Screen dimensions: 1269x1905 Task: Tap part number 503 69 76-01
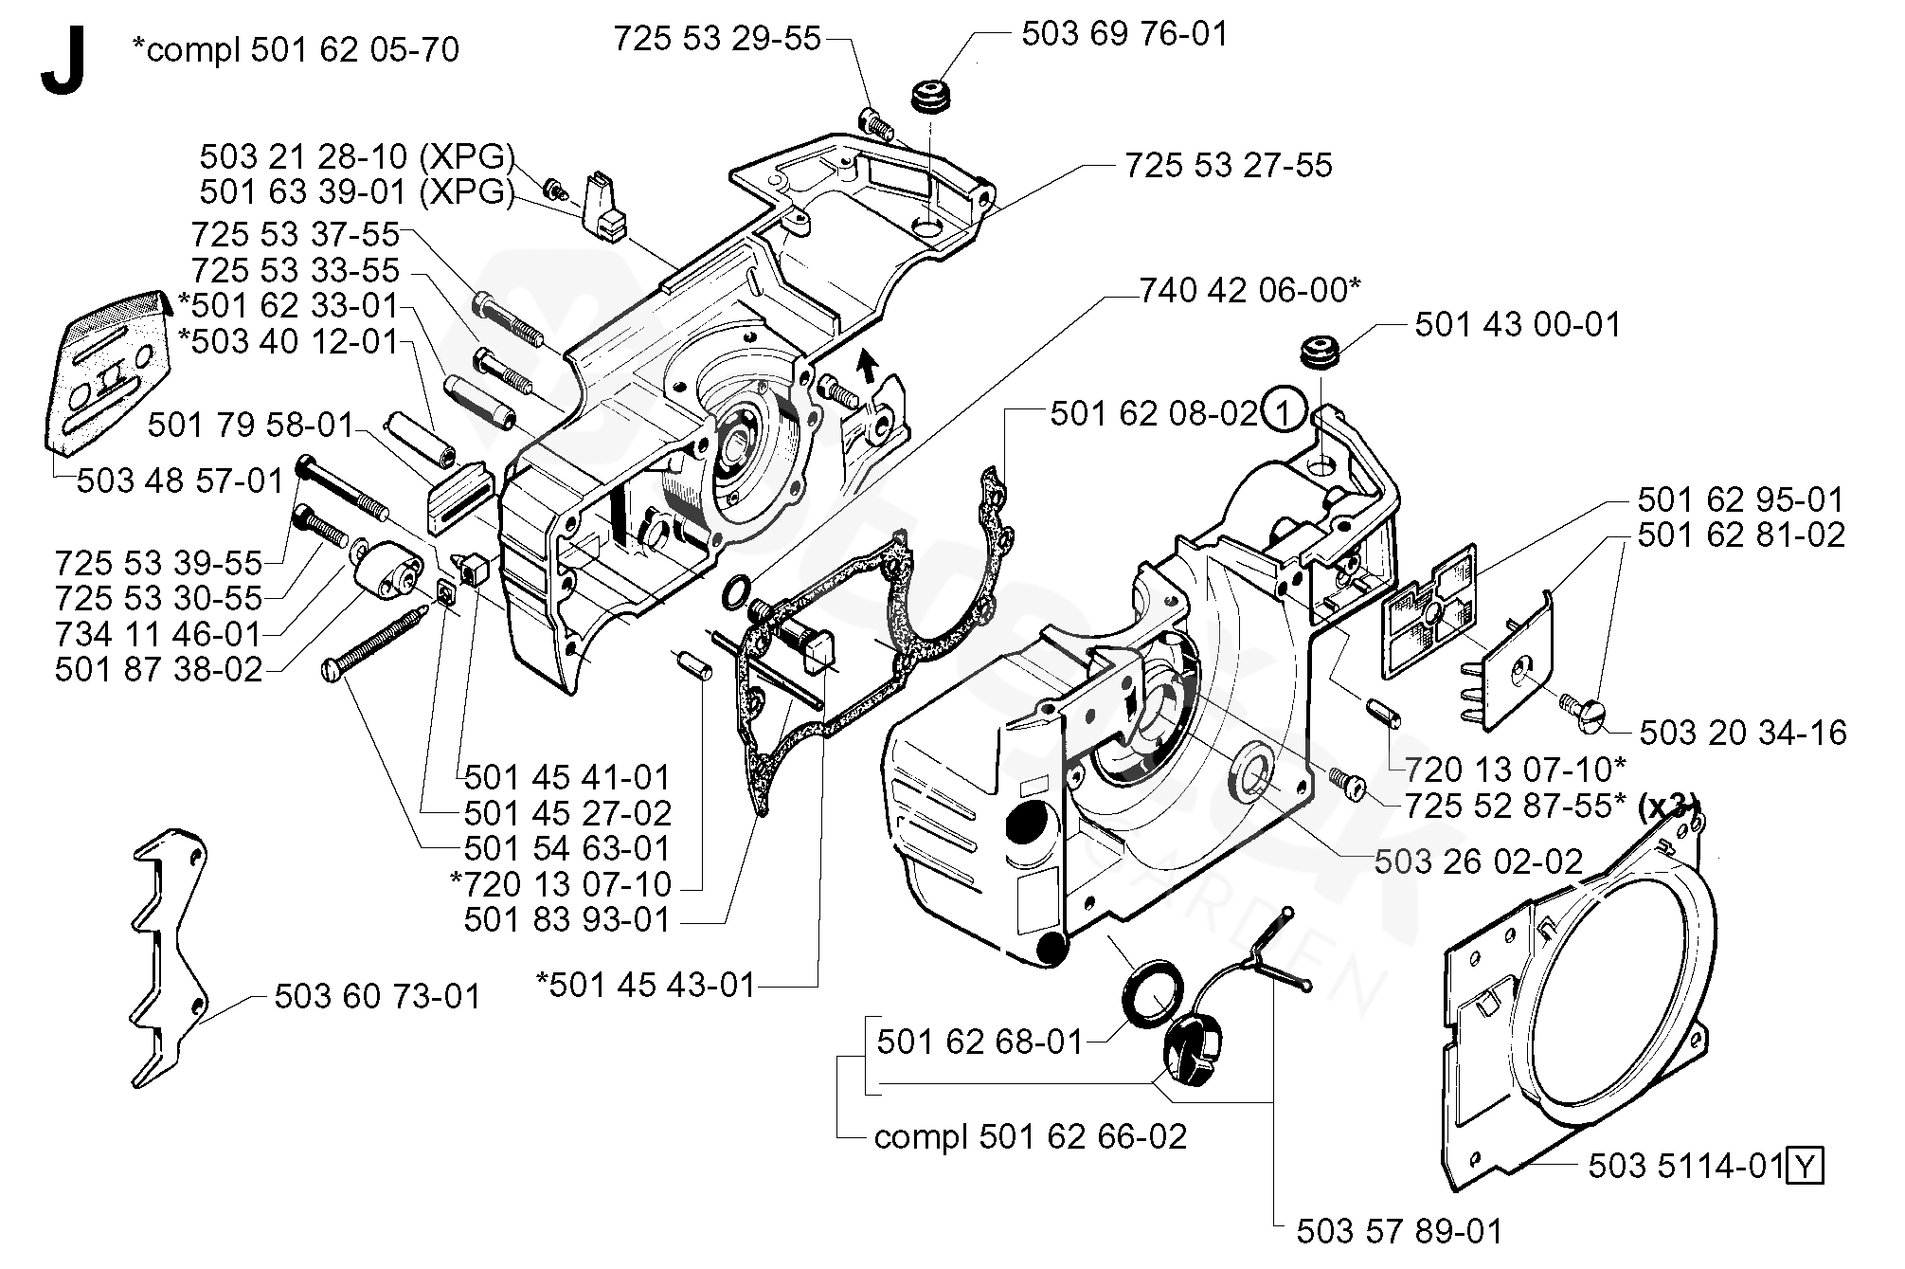[x=1124, y=34]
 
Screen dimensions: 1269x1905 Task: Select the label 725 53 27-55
[x=1228, y=165]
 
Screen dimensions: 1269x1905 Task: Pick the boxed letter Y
[x=1805, y=1165]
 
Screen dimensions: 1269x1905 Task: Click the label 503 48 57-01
[x=180, y=480]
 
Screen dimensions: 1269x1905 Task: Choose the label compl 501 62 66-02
[x=1031, y=1136]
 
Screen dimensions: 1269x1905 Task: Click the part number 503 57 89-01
[x=1399, y=1231]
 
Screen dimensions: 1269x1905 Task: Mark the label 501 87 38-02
[x=158, y=669]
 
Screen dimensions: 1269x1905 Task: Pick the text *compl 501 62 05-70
[x=296, y=48]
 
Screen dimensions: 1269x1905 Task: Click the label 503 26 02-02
[x=1479, y=861]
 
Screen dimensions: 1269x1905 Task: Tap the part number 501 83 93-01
[x=566, y=919]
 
